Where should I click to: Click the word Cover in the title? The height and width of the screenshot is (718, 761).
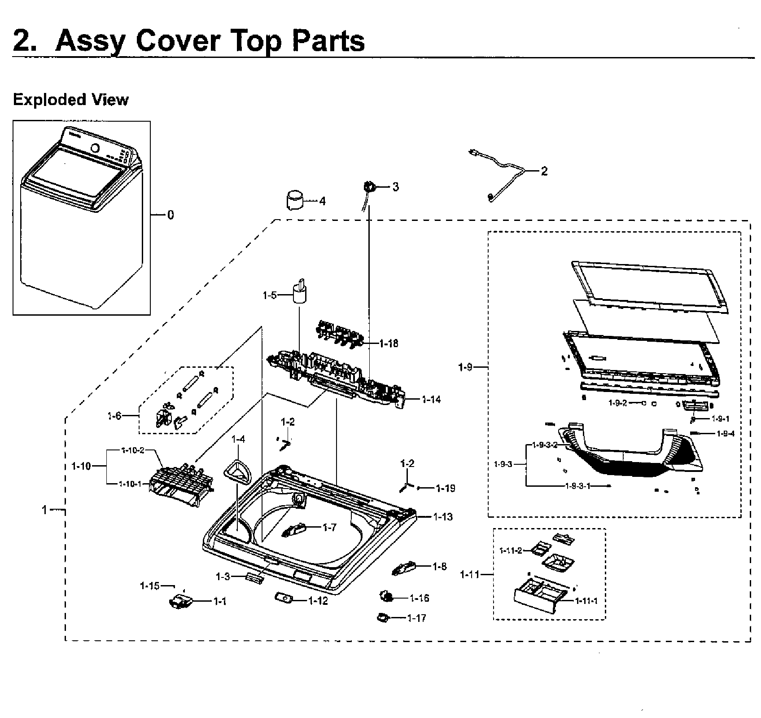177,41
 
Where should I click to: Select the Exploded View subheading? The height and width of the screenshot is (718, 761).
70,100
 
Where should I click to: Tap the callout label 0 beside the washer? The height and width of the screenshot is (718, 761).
171,215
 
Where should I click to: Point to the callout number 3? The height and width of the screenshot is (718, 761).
395,187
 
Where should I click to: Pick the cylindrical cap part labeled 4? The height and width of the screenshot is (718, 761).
294,199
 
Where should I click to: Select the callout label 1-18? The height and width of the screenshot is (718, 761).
389,344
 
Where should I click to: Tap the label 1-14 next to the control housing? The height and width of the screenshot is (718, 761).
431,399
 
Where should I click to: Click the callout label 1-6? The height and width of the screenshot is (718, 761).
114,416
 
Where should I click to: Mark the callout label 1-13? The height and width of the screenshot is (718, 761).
443,517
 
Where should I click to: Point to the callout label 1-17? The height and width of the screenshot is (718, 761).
416,618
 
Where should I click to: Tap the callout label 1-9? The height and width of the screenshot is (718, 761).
465,367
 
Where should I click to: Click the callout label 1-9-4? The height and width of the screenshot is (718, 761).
726,434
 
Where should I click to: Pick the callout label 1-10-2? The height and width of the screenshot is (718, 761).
132,450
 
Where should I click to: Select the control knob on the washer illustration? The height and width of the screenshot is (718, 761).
96,148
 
